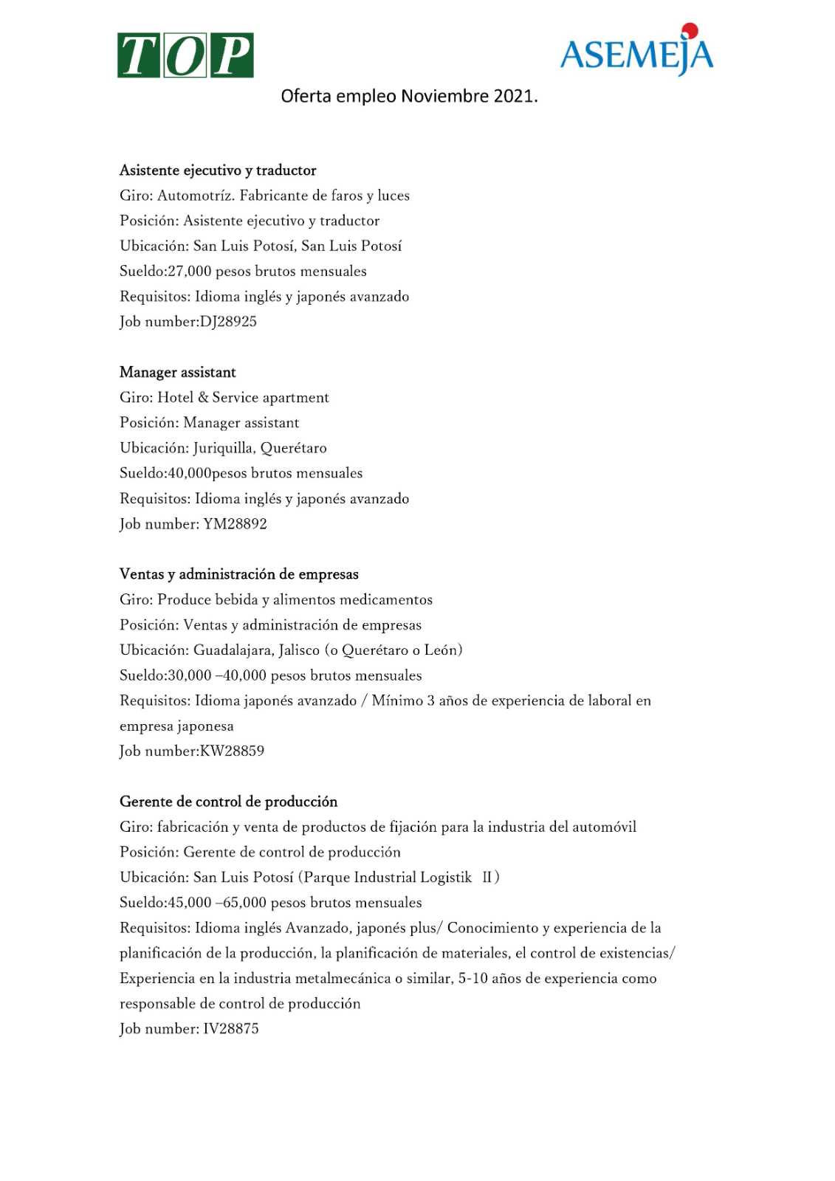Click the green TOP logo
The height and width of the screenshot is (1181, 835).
click(x=185, y=55)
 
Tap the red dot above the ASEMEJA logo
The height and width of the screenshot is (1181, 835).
click(x=690, y=30)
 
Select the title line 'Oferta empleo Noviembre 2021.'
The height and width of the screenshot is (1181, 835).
click(x=409, y=97)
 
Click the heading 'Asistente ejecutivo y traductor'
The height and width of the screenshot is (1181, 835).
click(x=218, y=171)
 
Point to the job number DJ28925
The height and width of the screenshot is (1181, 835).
click(x=228, y=322)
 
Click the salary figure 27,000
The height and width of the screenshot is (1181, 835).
click(x=190, y=272)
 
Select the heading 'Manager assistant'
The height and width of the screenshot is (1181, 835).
click(x=178, y=373)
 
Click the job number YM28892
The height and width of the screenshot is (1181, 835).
click(x=235, y=524)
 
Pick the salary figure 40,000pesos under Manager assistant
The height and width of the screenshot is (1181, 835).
click(x=207, y=473)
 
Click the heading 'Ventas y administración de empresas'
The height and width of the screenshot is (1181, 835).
click(x=239, y=574)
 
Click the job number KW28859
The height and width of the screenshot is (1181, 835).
click(x=232, y=751)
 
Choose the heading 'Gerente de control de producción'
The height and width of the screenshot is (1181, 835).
click(x=229, y=802)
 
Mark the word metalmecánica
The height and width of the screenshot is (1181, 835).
click(x=343, y=979)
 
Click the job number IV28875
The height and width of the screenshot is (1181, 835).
click(x=231, y=1029)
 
